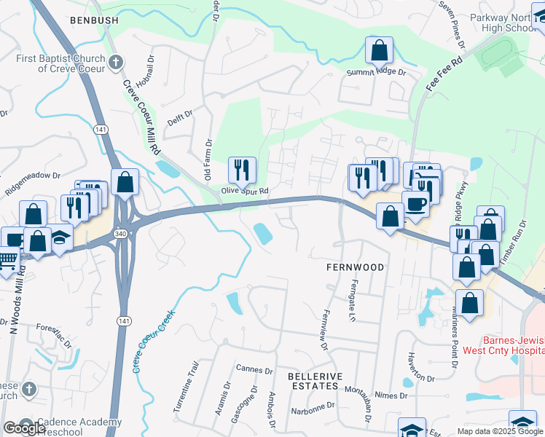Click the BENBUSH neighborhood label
coord(93,20)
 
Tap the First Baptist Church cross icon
coord(115,63)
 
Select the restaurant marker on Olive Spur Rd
coord(242,170)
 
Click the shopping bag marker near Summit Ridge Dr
coord(379,50)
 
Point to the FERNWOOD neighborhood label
coord(354,267)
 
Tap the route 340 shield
coord(119,234)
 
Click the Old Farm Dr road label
coord(208,160)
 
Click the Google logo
coord(24,428)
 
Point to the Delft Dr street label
coord(179,114)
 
